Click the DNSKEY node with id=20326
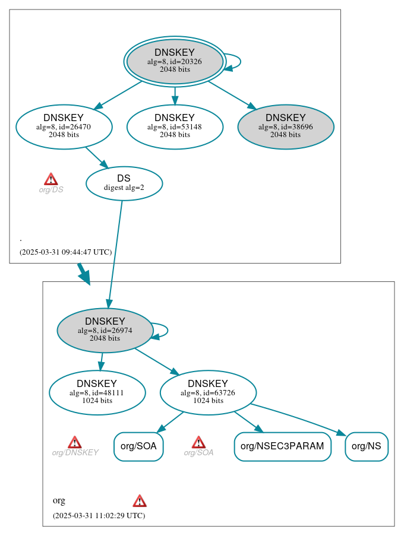click(x=175, y=61)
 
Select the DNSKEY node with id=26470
click(x=64, y=126)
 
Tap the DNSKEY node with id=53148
click(x=175, y=126)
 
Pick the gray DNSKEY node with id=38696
click(x=286, y=126)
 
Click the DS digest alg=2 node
click(x=124, y=183)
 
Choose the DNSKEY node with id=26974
click(x=105, y=330)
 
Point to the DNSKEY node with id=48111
click(x=97, y=392)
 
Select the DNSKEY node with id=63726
click(x=208, y=392)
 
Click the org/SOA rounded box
click(x=138, y=447)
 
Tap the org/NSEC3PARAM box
click(x=282, y=447)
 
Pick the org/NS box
click(x=367, y=447)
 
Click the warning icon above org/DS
click(x=51, y=179)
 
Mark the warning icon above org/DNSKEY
click(x=74, y=442)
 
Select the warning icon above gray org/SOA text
click(x=198, y=442)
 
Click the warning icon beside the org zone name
click(x=140, y=501)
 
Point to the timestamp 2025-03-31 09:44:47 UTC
click(x=65, y=252)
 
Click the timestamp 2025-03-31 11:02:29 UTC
click(x=99, y=516)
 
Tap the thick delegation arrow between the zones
click(x=84, y=274)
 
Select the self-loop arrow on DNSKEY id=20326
click(x=235, y=62)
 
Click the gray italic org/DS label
click(x=51, y=190)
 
